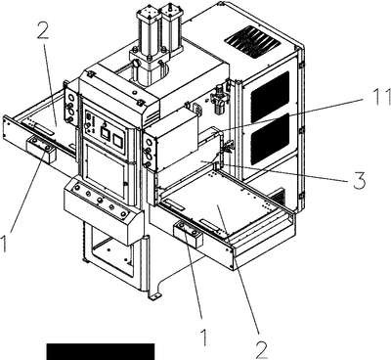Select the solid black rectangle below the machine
coord(101,351)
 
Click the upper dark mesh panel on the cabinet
coord(270,93)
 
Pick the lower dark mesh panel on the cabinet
coord(270,139)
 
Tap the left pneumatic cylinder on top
coord(149,31)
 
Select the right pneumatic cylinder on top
coord(172,26)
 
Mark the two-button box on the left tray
coord(42,150)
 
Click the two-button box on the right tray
coord(189,235)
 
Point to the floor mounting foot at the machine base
coord(154,295)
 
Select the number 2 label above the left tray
coord(43,31)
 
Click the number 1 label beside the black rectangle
coord(204,337)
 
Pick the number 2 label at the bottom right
coord(261,350)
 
